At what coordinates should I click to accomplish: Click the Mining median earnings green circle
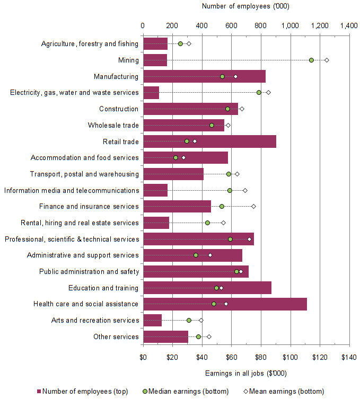(311, 60)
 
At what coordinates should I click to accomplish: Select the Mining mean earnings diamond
(327, 60)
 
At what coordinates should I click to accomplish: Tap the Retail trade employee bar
(209, 141)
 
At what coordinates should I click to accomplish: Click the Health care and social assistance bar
(225, 304)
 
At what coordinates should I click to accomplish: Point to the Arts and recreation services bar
(152, 320)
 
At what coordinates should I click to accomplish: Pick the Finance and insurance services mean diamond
(253, 206)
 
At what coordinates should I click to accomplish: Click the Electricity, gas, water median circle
(259, 92)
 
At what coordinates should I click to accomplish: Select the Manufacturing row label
(116, 76)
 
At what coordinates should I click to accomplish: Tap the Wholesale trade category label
(113, 125)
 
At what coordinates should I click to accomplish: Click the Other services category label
(116, 336)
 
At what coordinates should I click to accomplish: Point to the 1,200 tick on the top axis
(319, 25)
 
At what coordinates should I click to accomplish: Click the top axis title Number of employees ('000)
(245, 6)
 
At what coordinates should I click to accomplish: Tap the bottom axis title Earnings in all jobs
(245, 373)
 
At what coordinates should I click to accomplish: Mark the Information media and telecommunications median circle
(230, 190)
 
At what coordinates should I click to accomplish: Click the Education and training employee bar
(207, 288)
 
